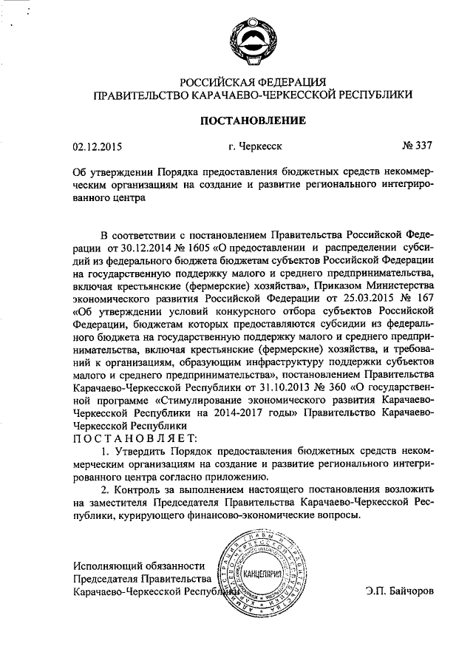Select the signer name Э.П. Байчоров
400,591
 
